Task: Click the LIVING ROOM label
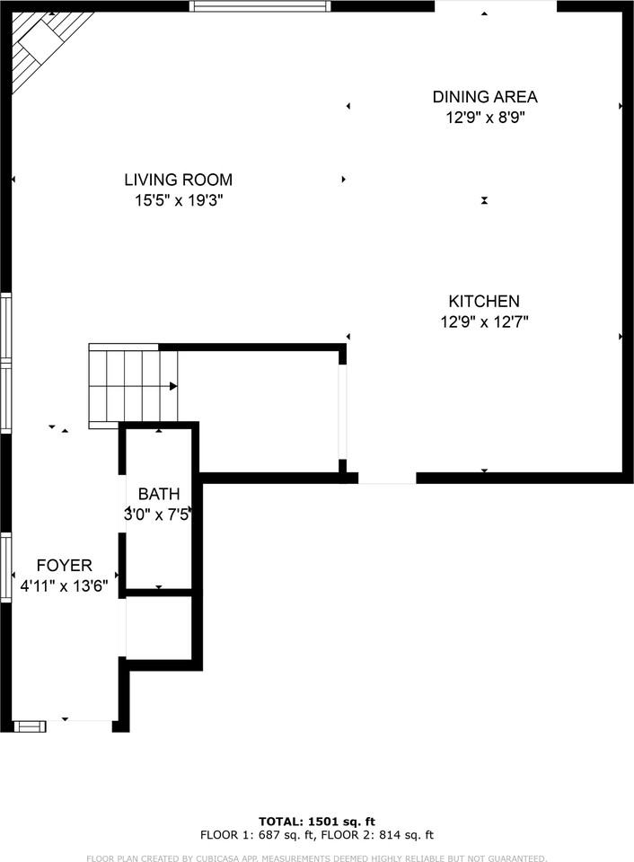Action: point(178,180)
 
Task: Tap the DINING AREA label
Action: point(485,97)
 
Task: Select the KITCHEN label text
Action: point(484,302)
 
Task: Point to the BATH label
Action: point(159,494)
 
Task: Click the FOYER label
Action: point(64,566)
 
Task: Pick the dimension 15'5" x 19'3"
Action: point(178,201)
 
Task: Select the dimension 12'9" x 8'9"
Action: point(485,118)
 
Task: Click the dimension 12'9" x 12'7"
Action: point(484,322)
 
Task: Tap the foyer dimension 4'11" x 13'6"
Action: point(64,586)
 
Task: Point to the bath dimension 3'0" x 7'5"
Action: point(159,515)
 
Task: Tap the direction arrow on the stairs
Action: point(172,386)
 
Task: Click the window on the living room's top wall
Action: point(260,6)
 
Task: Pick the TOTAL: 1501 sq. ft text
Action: point(316,821)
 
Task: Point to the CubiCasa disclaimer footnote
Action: point(316,858)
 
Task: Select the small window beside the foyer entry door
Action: point(29,726)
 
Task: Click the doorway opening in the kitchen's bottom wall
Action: point(387,479)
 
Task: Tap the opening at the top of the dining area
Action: point(496,6)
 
